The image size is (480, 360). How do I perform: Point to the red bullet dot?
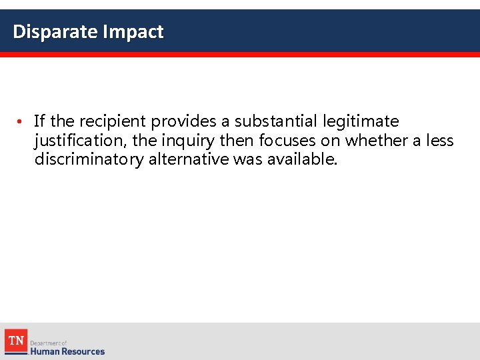pos(21,122)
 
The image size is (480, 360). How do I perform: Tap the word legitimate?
pos(361,121)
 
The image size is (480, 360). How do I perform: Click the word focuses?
pos(287,141)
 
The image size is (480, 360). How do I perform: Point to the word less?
pos(439,141)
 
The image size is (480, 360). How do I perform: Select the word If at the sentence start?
pos(39,121)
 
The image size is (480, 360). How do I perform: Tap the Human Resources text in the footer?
pos(67,351)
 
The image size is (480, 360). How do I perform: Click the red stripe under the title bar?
pos(240,55)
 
